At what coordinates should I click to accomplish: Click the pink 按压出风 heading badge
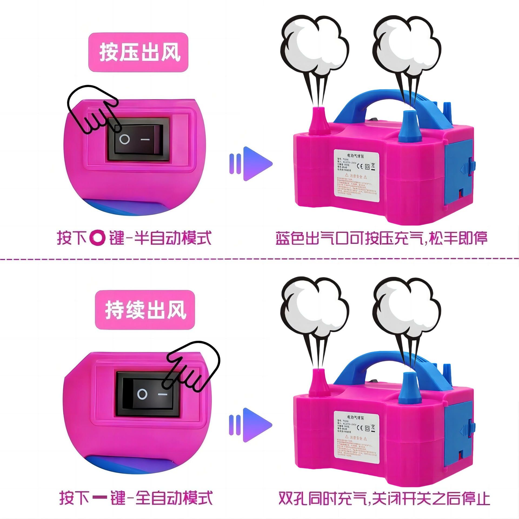138,52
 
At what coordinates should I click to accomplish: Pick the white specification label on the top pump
356,176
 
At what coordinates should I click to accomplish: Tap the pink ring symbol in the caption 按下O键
97,238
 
